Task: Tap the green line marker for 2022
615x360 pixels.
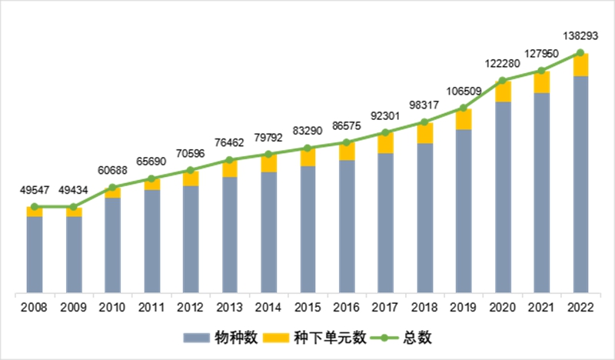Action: pos(580,53)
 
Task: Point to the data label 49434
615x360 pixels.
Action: pos(74,190)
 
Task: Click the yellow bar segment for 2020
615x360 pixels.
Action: pos(503,92)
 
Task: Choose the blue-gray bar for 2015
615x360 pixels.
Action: pos(307,228)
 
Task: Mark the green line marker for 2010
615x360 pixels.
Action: pos(112,187)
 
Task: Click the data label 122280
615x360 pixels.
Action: pos(503,62)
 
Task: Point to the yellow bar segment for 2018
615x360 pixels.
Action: pos(424,133)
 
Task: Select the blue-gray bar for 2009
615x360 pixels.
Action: pos(74,254)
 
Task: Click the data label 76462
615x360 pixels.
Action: pos(230,144)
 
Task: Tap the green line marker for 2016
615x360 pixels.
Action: pos(347,142)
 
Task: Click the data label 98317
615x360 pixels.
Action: pos(424,105)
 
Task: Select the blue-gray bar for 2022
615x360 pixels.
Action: pos(580,185)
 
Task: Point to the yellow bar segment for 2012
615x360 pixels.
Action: pos(191,178)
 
